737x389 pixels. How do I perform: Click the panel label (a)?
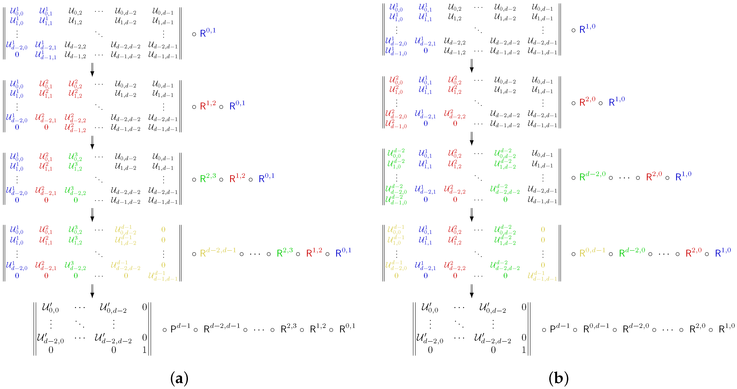179,379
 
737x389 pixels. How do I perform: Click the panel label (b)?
558,379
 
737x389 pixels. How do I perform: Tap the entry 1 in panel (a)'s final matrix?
145,350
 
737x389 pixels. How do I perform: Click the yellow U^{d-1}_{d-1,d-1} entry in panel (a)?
163,276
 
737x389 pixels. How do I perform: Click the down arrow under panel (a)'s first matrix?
92,70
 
